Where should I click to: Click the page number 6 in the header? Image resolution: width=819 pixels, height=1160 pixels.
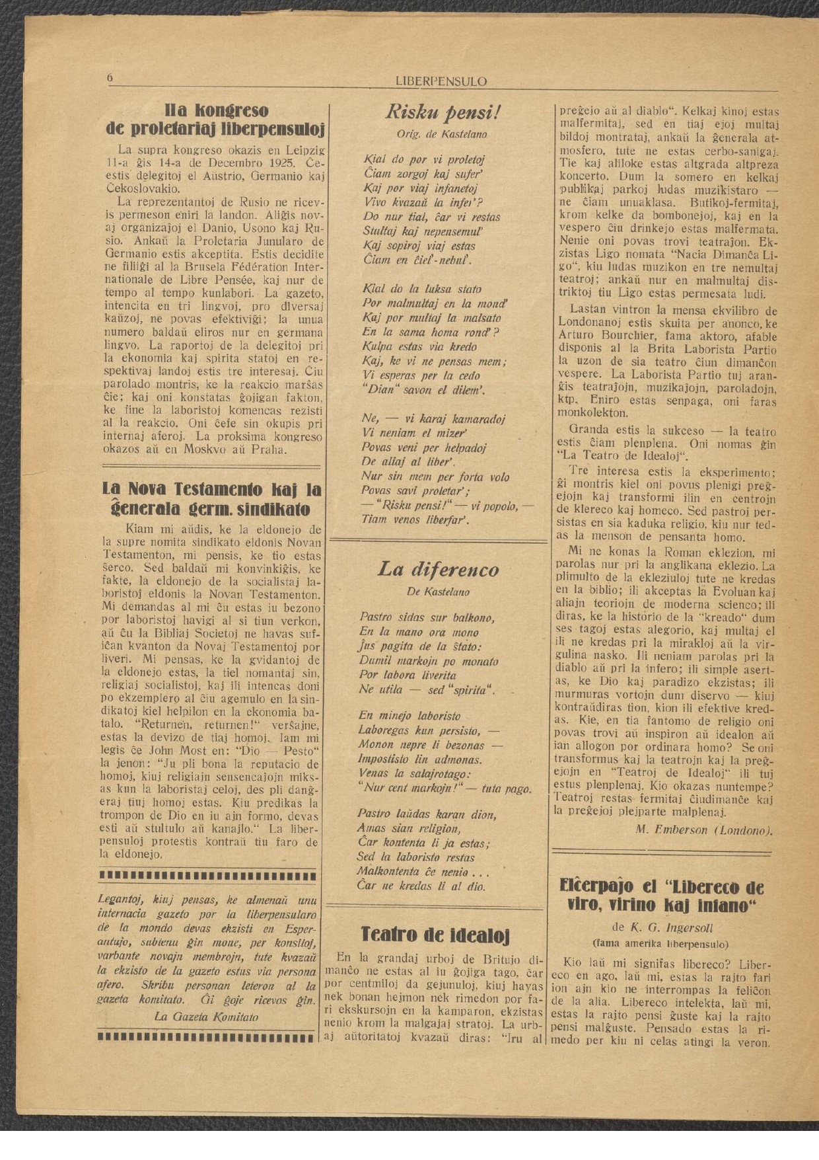point(110,79)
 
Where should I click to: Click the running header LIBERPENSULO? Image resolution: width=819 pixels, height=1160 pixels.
point(441,82)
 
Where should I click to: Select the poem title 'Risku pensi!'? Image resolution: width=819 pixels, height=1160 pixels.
point(442,112)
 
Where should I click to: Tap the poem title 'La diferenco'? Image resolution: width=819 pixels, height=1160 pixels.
point(438,569)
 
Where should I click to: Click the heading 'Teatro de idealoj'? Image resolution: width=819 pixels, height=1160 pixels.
point(435,934)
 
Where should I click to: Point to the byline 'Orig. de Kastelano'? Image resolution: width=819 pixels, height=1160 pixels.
point(441,134)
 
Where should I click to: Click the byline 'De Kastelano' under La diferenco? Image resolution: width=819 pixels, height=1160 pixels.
point(438,592)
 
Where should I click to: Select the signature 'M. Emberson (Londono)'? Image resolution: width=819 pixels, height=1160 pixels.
point(704,830)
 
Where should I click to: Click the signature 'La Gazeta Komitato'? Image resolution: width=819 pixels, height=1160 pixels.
point(206,1017)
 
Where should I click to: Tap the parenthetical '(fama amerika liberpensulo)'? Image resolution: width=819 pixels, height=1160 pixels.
point(660,944)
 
